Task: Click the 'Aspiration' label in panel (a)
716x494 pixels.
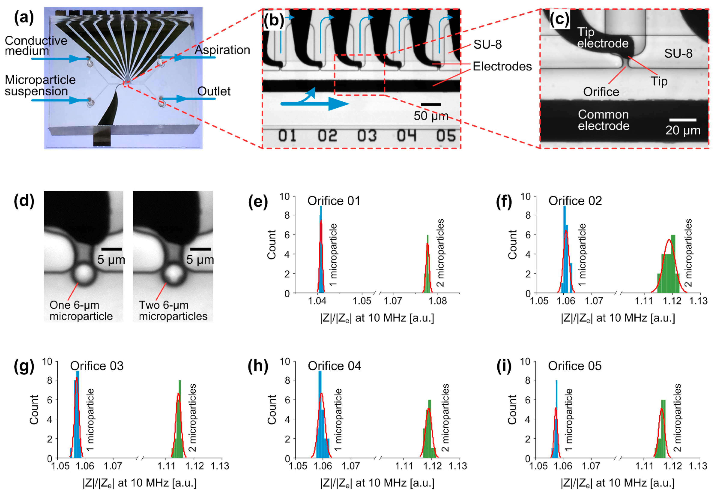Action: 222,50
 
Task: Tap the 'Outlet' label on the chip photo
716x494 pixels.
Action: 214,91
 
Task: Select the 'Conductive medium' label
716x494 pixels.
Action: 36,46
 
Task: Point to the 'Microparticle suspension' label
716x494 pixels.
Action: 40,85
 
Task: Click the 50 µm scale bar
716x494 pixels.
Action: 431,105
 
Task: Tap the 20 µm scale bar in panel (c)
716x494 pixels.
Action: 683,120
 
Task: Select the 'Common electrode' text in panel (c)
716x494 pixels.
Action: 603,120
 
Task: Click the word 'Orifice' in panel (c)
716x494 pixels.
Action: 601,92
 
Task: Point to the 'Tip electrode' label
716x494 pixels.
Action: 602,38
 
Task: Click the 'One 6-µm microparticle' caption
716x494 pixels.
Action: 81,310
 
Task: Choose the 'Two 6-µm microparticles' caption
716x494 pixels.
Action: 173,310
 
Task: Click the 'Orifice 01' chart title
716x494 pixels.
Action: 334,201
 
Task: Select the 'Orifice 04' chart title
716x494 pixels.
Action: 334,366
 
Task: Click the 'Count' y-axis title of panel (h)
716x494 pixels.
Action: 272,409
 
